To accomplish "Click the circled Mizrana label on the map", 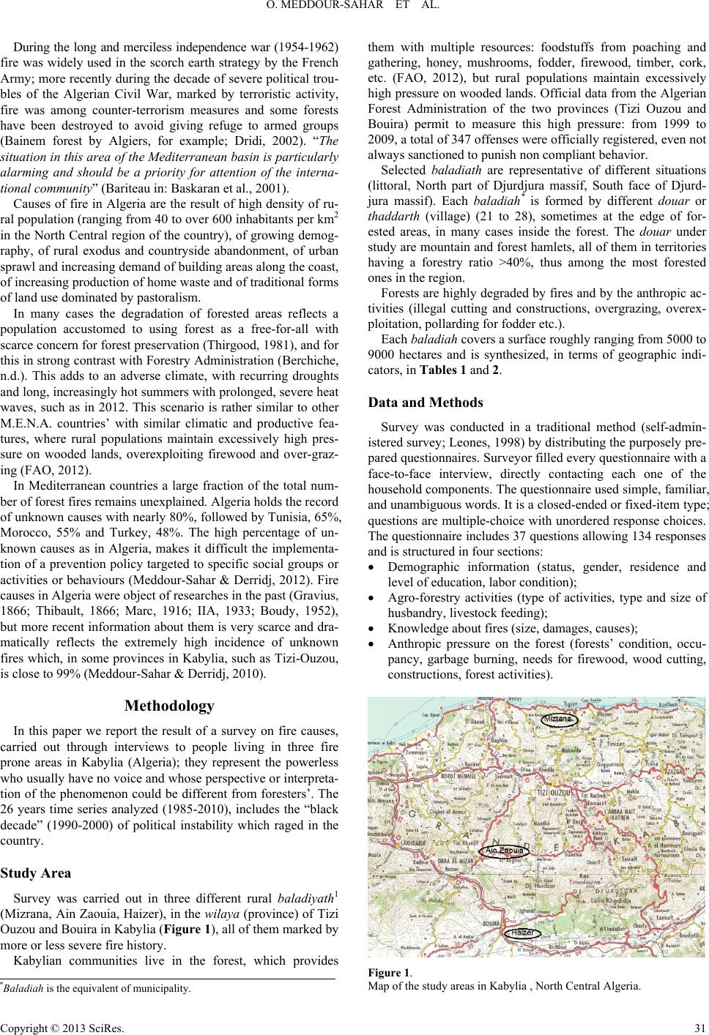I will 561,719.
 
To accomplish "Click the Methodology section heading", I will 169,706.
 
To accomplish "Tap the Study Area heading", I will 36,873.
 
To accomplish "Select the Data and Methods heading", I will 425,403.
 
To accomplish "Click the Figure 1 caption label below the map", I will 388,973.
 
